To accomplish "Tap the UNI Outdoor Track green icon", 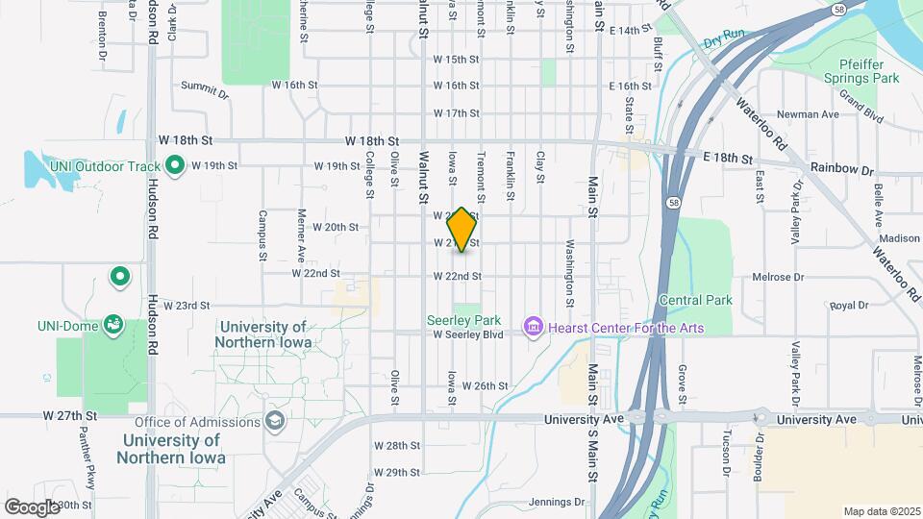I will point(174,166).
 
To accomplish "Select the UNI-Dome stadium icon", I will point(113,324).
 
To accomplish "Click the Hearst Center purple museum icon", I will point(532,328).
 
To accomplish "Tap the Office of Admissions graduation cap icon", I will point(275,421).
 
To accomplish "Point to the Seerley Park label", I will point(464,319).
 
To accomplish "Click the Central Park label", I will point(696,300).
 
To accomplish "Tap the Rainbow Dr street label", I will point(841,169).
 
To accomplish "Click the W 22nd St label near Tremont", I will point(457,276).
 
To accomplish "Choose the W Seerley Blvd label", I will point(468,334).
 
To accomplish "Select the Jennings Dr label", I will point(558,502).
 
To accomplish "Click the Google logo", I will point(32,507).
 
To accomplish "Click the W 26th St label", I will point(485,385).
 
